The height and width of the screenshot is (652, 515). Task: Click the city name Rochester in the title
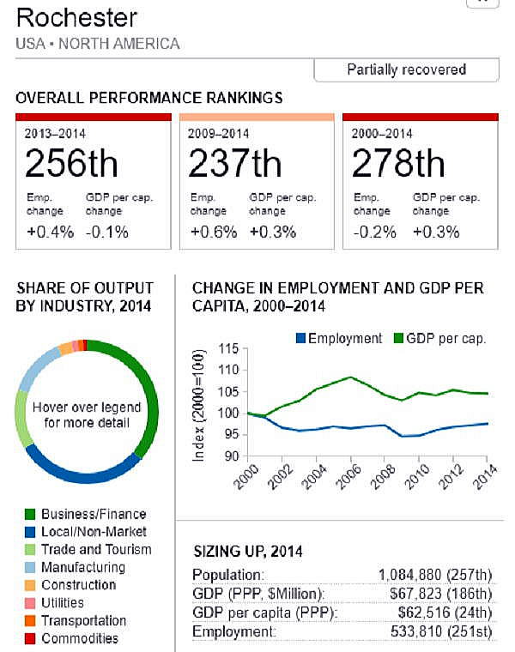[x=76, y=17]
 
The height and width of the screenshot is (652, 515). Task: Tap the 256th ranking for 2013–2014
[x=71, y=162]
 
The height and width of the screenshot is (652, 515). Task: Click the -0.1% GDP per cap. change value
[x=107, y=232]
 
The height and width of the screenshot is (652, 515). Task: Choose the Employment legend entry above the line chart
[x=338, y=338]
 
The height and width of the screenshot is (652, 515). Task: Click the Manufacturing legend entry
[x=82, y=567]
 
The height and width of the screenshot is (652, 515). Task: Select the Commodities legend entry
[x=80, y=638]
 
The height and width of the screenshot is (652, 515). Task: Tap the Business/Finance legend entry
[x=94, y=514]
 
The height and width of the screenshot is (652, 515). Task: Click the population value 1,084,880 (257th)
[x=435, y=574]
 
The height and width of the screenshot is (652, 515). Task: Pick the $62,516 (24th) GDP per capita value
[x=444, y=612]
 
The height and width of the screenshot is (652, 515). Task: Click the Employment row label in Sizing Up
[x=229, y=631]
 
